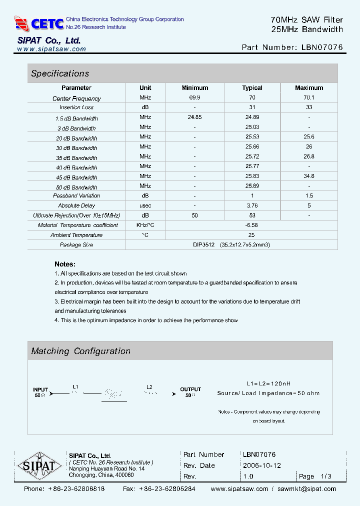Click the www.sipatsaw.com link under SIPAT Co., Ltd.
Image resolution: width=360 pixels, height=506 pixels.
(x=51, y=49)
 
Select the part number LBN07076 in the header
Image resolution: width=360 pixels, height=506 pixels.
(x=322, y=47)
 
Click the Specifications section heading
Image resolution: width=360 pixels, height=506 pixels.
(x=60, y=73)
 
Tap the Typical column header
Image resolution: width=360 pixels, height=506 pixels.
(x=252, y=88)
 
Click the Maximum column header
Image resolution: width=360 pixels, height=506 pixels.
(x=309, y=88)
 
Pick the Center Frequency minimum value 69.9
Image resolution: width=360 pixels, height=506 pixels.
(x=194, y=98)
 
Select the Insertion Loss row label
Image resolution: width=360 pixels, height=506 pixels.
(x=76, y=107)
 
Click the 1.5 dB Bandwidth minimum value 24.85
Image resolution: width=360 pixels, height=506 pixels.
(x=194, y=117)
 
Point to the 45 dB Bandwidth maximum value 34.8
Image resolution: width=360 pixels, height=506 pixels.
(x=309, y=176)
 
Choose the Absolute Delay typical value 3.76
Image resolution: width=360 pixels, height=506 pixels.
(x=252, y=205)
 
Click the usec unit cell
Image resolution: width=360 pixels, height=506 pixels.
(x=145, y=205)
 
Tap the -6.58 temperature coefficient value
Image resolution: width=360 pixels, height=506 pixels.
(x=252, y=225)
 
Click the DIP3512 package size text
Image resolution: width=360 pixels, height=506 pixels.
(x=203, y=245)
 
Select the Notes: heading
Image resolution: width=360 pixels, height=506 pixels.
(x=65, y=264)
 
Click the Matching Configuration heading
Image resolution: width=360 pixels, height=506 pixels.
(x=81, y=351)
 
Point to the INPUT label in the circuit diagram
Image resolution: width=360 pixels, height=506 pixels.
(x=40, y=389)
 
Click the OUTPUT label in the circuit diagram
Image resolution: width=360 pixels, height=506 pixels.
(x=190, y=389)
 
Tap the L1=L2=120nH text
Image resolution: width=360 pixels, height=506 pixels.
(x=268, y=383)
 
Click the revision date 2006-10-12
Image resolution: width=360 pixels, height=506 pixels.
(x=262, y=465)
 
